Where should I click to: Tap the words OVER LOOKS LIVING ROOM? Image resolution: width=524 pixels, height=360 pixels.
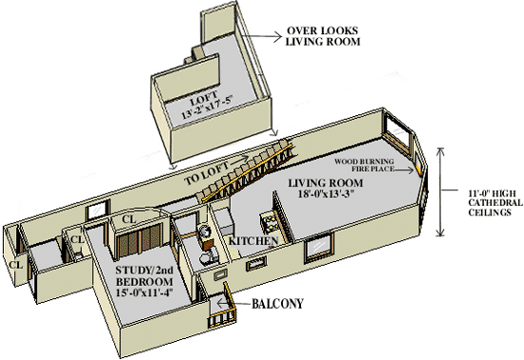(x=323, y=36)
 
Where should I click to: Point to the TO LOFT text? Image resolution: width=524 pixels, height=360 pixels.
(x=207, y=173)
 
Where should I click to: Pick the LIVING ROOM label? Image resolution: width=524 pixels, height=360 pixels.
(x=326, y=183)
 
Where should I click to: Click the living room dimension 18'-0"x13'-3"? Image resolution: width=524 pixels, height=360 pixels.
(x=326, y=193)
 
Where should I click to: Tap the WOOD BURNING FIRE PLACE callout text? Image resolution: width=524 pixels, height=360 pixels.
(x=364, y=166)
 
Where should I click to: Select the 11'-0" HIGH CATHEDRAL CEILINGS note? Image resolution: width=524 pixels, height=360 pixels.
(x=494, y=203)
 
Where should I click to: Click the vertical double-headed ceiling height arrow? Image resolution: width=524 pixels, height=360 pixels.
(x=441, y=191)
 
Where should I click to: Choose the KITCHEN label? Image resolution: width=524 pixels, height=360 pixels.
(x=253, y=240)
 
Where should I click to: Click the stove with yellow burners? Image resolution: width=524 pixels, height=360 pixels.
(x=271, y=223)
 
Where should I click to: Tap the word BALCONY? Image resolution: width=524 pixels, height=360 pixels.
(x=277, y=304)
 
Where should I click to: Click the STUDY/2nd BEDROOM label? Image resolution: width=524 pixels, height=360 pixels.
(x=145, y=276)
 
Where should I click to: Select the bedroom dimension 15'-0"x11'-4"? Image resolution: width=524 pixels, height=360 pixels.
(x=145, y=292)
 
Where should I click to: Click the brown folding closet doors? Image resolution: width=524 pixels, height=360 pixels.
(x=140, y=240)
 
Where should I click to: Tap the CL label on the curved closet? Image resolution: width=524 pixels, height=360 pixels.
(x=129, y=219)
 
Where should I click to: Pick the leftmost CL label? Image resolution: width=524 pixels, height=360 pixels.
(x=15, y=265)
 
